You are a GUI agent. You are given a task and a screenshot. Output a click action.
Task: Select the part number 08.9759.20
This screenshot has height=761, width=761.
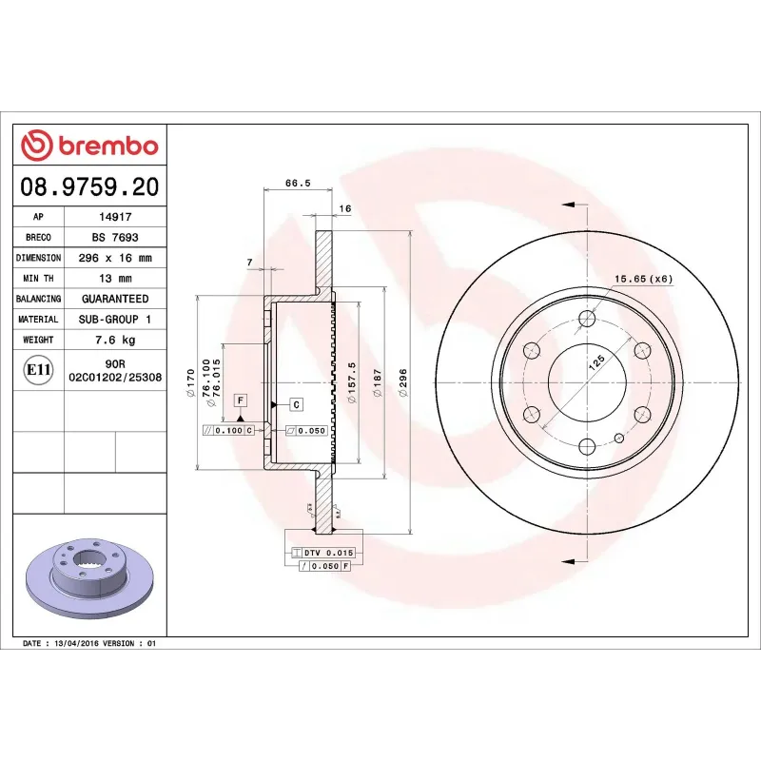click(89, 186)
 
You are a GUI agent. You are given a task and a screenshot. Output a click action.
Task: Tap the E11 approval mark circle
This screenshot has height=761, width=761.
click(39, 369)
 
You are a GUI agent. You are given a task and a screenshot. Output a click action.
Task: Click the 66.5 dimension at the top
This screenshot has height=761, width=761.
click(298, 185)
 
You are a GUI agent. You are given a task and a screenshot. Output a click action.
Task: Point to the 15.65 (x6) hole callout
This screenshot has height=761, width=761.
click(643, 278)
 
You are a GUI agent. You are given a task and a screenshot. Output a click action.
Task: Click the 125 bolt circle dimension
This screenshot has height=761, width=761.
click(596, 362)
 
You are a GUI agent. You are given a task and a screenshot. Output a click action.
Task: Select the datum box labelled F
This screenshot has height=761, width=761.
click(241, 400)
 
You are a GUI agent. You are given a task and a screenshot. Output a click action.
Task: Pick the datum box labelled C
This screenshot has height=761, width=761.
click(296, 404)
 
